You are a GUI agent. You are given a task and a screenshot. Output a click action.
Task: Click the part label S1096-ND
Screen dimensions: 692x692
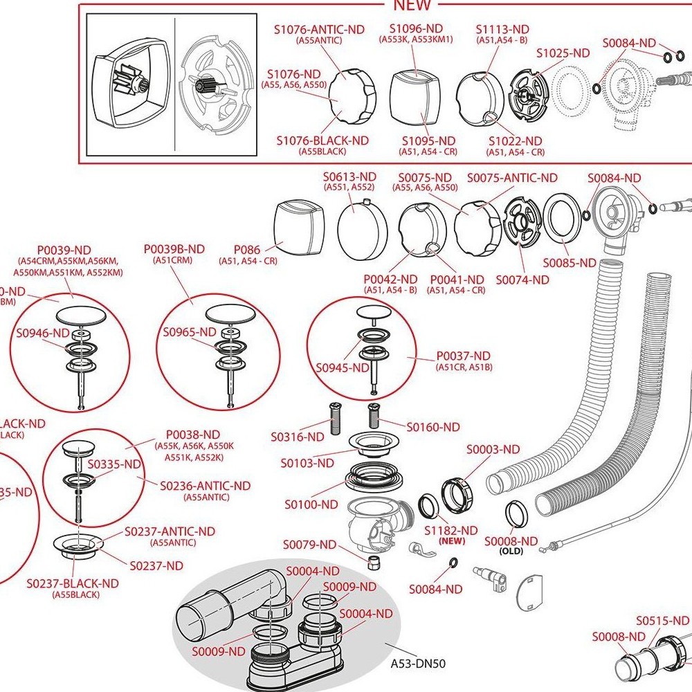415,28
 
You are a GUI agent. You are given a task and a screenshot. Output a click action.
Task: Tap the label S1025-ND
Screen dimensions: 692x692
563,53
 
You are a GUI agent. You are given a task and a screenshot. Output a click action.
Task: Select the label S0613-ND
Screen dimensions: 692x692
349,177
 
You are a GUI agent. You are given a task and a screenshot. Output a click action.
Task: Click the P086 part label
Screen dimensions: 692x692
246,248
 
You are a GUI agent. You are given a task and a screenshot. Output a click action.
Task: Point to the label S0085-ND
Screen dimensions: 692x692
569,263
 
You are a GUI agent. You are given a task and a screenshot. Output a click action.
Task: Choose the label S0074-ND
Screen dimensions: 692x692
522,280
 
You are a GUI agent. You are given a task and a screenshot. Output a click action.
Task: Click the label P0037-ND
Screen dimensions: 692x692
463,356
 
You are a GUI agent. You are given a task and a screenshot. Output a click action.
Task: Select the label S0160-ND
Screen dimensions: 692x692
432,427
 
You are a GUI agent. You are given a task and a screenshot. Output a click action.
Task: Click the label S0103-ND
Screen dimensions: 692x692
307,462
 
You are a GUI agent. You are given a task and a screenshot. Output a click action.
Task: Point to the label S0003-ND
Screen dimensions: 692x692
492,449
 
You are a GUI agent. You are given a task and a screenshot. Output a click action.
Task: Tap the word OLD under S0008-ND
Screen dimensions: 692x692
511,552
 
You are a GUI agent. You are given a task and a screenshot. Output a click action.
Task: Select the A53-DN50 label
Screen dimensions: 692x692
418,664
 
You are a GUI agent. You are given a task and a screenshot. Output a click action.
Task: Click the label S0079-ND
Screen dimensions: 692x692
310,545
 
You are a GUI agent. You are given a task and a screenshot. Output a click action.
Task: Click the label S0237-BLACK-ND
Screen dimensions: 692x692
73,583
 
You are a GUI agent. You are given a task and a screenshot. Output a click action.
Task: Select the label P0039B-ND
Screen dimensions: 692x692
174,249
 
